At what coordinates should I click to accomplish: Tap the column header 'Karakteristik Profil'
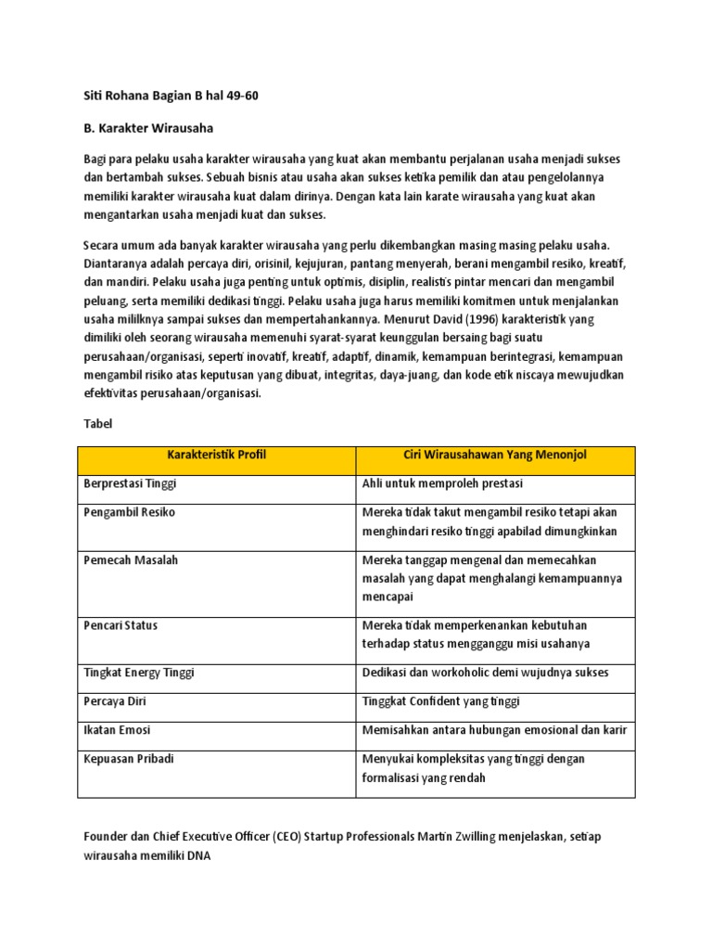217,455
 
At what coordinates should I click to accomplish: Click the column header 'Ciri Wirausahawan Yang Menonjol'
495,455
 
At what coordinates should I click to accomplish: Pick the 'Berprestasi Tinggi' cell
130,483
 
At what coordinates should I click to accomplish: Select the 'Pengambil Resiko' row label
129,512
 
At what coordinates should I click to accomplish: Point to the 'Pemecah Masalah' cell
131,560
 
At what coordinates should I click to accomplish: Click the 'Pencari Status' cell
121,625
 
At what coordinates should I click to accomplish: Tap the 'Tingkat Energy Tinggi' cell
139,673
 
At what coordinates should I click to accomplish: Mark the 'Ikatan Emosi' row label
117,730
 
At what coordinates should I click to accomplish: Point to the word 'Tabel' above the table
96,423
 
